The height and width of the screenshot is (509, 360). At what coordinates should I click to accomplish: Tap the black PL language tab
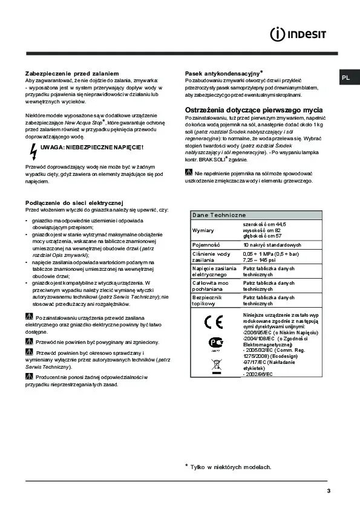(x=345, y=77)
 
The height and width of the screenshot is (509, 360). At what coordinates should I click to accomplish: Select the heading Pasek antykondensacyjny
(x=221, y=73)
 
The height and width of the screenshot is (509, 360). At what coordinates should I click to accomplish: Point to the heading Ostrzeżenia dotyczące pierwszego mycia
(x=253, y=109)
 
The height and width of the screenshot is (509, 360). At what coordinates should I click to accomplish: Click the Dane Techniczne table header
(x=218, y=215)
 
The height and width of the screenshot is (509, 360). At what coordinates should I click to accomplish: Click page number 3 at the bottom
(x=328, y=490)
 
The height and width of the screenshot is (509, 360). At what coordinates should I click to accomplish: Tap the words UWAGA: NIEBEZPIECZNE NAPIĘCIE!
(x=92, y=147)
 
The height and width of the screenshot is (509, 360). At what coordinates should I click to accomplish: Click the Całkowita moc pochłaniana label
(x=210, y=286)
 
